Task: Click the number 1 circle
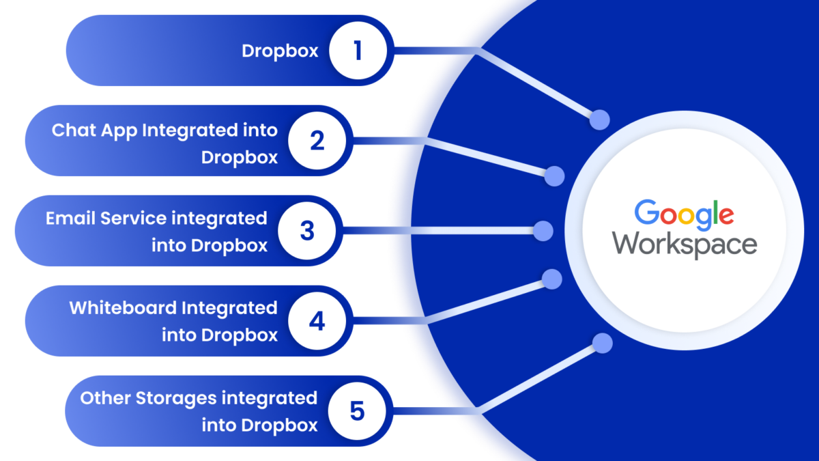(358, 51)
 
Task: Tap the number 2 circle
(317, 141)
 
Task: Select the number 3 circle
(307, 231)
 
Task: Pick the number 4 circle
(317, 321)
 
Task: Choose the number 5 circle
(358, 411)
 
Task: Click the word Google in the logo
(684, 214)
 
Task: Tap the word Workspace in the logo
(684, 245)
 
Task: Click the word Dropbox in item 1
(280, 51)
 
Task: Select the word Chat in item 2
(72, 130)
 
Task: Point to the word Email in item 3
(70, 219)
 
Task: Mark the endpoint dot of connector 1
(600, 120)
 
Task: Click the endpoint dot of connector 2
(554, 176)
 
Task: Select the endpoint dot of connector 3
(543, 231)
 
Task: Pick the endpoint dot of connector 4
(551, 279)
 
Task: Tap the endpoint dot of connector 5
(602, 344)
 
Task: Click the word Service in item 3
(134, 219)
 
